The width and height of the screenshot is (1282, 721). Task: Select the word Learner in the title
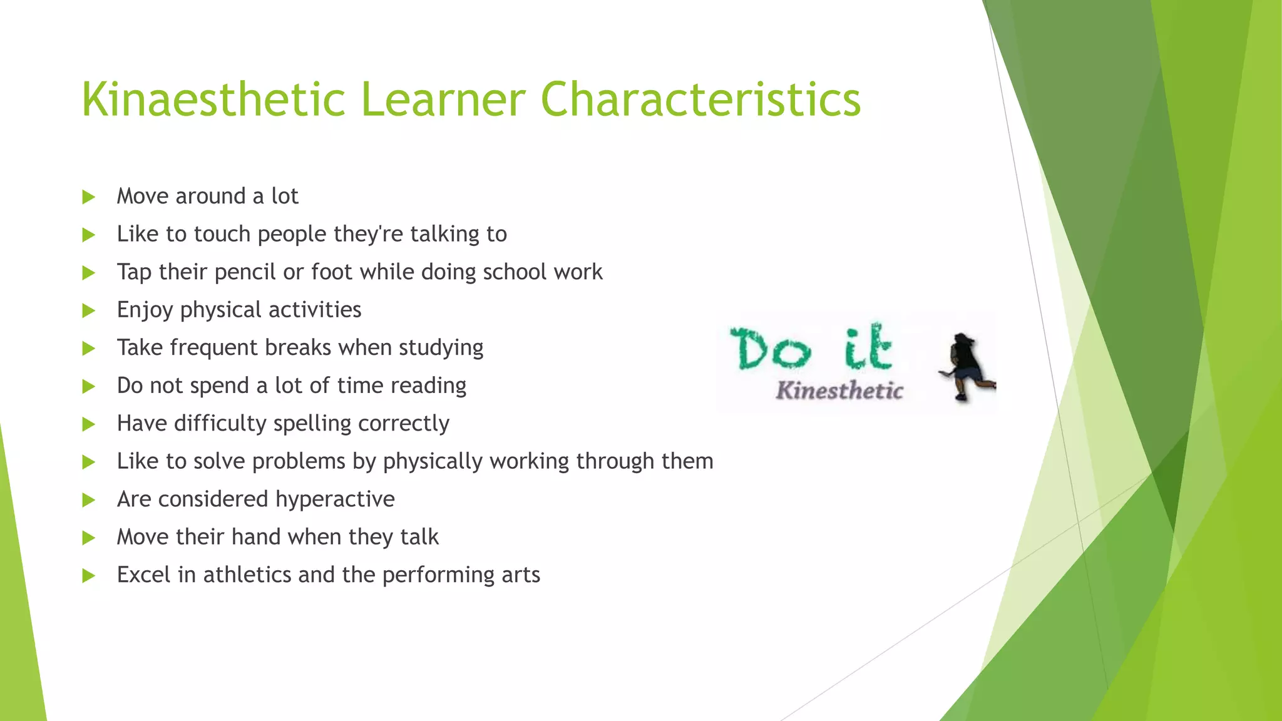point(443,100)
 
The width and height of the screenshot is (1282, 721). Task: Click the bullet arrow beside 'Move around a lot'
point(88,197)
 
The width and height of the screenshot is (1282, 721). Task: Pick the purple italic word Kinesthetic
point(839,391)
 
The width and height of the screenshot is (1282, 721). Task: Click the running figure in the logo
point(965,367)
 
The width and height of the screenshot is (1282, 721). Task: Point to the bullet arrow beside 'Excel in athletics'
point(88,576)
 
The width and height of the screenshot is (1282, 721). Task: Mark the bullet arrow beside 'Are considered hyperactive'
point(88,500)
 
